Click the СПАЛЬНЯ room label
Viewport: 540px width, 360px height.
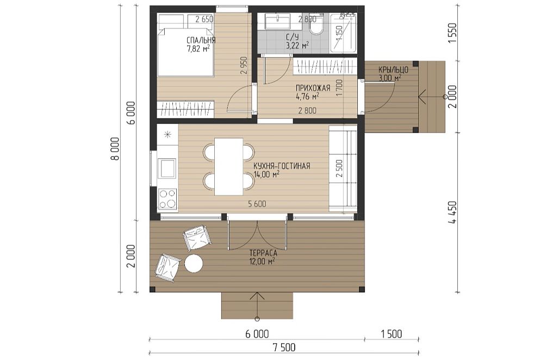pos(201,40)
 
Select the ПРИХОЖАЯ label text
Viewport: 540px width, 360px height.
pos(313,88)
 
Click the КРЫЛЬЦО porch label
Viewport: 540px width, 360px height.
pos(393,70)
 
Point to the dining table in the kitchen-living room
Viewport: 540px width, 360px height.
pos(229,166)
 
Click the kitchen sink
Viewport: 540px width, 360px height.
pos(167,168)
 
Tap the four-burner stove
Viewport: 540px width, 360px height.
pos(167,199)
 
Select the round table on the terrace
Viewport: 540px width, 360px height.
pos(194,264)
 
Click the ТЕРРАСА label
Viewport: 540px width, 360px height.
pos(263,253)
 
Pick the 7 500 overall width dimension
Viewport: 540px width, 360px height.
pos(284,347)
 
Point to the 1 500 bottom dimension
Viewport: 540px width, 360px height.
pos(392,334)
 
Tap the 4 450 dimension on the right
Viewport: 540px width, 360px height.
pos(452,213)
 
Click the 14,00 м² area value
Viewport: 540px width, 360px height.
pos(266,175)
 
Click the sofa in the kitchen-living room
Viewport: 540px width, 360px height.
pos(343,169)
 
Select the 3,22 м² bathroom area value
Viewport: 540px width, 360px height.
pos(297,45)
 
